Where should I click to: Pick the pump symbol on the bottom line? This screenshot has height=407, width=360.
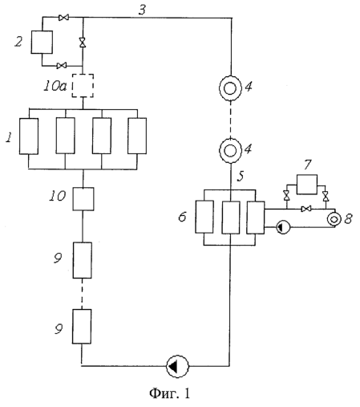click(177, 366)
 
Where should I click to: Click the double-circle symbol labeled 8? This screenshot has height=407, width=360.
click(334, 219)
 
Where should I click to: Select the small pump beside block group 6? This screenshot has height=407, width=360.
click(283, 227)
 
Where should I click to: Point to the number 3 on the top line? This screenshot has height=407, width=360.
click(143, 10)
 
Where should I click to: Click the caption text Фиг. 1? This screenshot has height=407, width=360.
click(170, 393)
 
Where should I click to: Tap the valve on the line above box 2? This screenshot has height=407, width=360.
click(63, 18)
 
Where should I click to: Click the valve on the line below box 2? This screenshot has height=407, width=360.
click(62, 66)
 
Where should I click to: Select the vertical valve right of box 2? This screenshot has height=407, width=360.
click(83, 43)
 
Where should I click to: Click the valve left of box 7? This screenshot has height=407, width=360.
click(287, 196)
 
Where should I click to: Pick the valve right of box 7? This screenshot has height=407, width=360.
click(326, 196)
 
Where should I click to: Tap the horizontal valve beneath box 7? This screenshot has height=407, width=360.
click(306, 209)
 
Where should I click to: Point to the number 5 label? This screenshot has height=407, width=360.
click(241, 176)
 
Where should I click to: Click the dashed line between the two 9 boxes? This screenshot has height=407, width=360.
click(82, 294)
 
